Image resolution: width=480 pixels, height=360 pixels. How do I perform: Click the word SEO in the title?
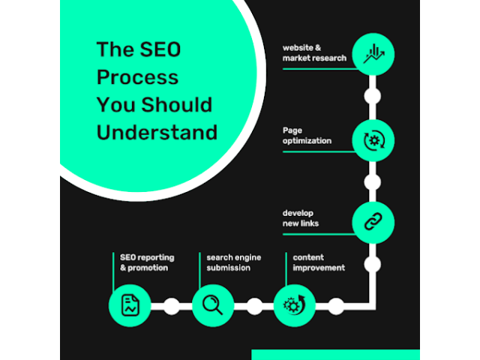tap(155, 50)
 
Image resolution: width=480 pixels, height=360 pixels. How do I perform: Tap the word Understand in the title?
tap(157, 132)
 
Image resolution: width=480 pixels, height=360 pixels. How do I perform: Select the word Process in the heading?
tap(137, 77)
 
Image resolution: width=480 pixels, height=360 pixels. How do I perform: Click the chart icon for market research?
tap(373, 54)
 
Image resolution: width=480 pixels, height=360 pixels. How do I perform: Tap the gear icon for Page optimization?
tap(373, 139)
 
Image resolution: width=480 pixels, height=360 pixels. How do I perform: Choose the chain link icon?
tap(373, 222)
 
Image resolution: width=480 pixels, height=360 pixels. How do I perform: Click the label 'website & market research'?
tap(314, 53)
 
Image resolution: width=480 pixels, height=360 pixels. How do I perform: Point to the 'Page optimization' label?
tap(307, 136)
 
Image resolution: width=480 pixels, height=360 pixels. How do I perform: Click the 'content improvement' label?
tap(319, 262)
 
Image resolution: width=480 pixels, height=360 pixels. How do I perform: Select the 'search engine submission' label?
tap(234, 262)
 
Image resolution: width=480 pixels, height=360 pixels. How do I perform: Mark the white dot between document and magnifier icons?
tap(172, 306)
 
